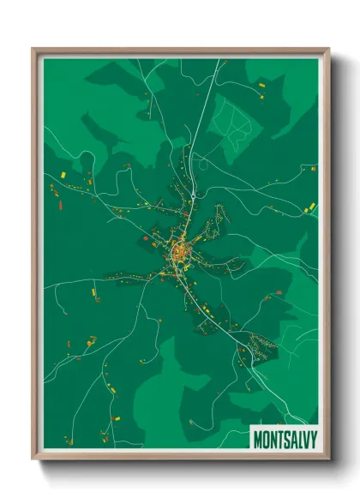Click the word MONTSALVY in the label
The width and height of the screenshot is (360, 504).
pyautogui.click(x=285, y=439)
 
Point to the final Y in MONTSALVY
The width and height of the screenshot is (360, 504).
pyautogui.click(x=313, y=439)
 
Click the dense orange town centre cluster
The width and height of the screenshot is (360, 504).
pyautogui.click(x=181, y=252)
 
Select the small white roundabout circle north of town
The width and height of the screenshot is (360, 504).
pyautogui.click(x=195, y=196)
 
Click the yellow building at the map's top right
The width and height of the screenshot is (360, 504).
pyautogui.click(x=262, y=86)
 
